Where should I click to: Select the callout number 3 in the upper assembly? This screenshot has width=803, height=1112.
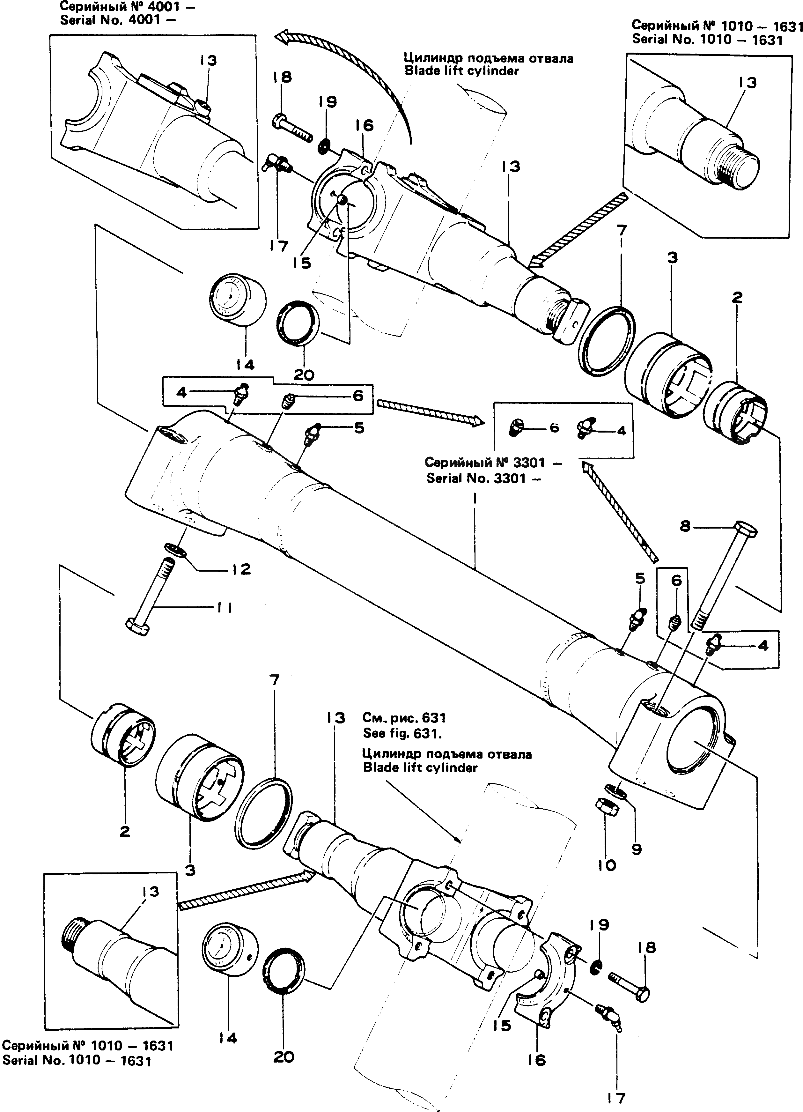click(x=672, y=257)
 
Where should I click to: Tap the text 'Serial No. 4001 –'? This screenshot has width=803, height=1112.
click(x=117, y=21)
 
